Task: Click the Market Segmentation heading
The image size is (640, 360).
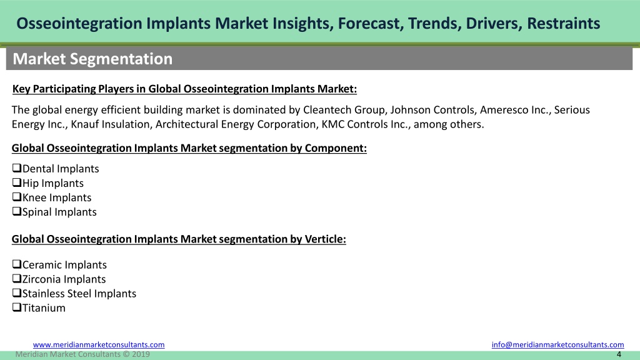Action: [x=92, y=59]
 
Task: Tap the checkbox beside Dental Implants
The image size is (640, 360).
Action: [x=17, y=167]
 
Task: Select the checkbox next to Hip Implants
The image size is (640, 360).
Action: [x=17, y=182]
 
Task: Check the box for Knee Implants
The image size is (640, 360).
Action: [x=17, y=196]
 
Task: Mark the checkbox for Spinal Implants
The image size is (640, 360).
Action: [x=17, y=211]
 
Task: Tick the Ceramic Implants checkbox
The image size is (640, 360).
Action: [x=17, y=264]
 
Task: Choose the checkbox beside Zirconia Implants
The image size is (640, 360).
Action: [x=17, y=278]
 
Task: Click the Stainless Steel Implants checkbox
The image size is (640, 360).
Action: [x=17, y=292]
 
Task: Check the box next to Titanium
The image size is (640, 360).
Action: [x=17, y=307]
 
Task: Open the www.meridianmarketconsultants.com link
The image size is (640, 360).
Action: [x=99, y=345]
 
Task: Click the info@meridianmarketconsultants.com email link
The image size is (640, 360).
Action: [x=557, y=345]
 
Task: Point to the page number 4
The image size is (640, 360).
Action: [x=619, y=354]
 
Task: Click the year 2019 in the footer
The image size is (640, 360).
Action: [x=141, y=354]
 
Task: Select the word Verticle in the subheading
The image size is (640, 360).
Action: [x=325, y=239]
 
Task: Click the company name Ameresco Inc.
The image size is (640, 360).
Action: [x=515, y=110]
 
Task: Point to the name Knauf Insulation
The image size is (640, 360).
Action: [x=110, y=124]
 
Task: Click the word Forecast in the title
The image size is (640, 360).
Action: [x=371, y=23]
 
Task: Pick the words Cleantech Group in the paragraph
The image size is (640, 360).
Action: [x=345, y=110]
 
